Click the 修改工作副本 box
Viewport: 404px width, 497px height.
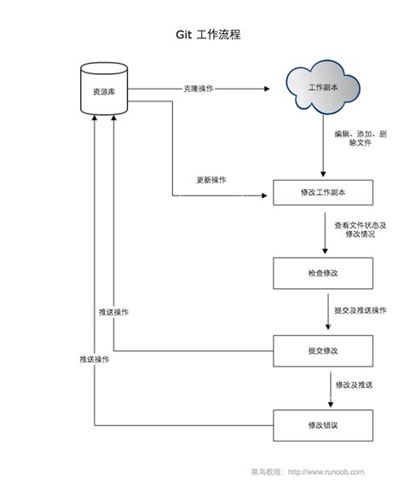pyautogui.click(x=322, y=193)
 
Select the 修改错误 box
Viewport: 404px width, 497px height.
pyautogui.click(x=322, y=424)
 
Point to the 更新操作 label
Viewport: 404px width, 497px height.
pyautogui.click(x=211, y=180)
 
